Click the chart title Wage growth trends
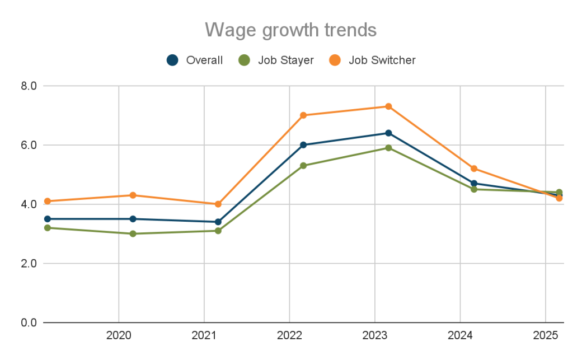pos(290,29)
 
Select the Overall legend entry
pos(195,60)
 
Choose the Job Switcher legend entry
pos(373,60)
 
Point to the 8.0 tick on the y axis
pos(29,86)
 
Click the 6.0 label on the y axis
pos(29,145)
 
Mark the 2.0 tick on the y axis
pos(29,263)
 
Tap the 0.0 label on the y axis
pos(29,322)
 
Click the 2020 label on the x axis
pos(119,336)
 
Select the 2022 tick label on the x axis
pos(289,336)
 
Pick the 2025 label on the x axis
pos(546,336)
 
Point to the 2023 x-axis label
pos(374,336)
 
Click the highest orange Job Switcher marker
pos(388,106)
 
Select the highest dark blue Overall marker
pos(388,133)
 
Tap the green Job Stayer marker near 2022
pos(303,166)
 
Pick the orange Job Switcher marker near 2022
pos(303,115)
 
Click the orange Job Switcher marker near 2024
pos(474,169)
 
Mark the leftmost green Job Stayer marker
pos(48,228)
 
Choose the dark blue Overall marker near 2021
pos(218,222)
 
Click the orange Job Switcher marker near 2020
pos(133,195)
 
